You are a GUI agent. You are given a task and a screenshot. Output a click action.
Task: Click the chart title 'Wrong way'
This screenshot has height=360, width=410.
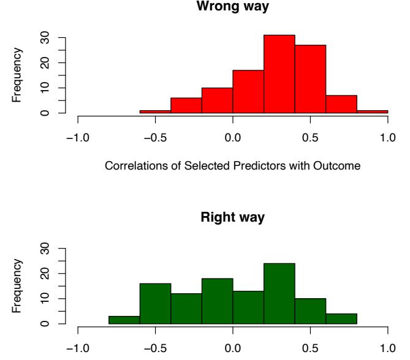233,6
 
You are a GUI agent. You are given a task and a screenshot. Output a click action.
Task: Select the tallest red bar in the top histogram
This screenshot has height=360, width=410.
279,74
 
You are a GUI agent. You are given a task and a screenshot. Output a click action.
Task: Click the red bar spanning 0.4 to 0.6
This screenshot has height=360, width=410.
310,79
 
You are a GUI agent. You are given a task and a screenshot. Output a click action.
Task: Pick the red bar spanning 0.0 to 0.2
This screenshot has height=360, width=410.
248,92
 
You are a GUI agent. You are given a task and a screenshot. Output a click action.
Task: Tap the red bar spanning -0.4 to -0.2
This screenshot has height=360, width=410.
186,105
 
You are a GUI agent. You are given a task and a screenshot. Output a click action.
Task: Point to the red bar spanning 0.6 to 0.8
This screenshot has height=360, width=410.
341,104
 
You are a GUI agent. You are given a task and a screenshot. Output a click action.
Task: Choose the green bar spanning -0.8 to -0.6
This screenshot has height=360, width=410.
124,319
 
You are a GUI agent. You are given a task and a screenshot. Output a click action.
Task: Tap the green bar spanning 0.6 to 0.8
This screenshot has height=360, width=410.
341,318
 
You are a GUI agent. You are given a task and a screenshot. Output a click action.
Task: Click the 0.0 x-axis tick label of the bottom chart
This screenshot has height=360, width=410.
233,348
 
